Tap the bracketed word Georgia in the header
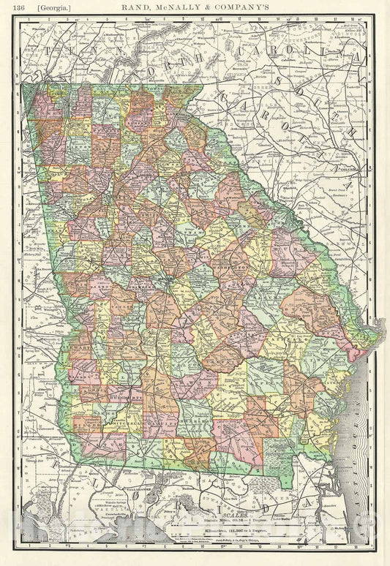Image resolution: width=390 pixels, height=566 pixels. [x=42, y=10]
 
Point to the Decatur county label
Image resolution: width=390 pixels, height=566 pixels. [x=93, y=442]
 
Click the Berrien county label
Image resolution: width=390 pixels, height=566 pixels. [x=193, y=423]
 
